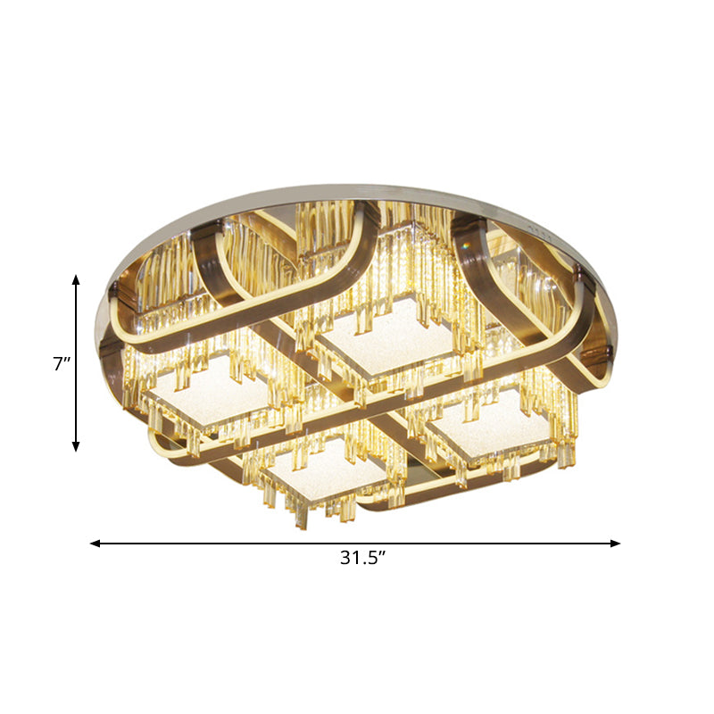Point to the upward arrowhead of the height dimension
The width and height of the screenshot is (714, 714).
click(76, 280)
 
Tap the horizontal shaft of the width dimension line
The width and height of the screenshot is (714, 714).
click(268, 543)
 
